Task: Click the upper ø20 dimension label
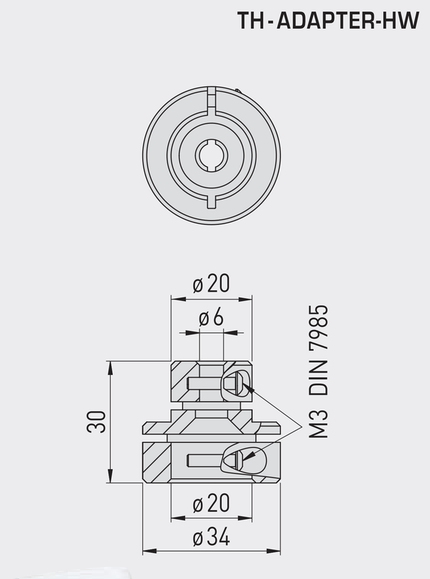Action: click(x=211, y=284)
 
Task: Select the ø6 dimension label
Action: click(x=210, y=318)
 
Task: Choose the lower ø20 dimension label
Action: click(x=211, y=503)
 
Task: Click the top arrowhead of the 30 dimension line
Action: click(x=111, y=365)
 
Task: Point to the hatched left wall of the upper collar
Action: click(x=178, y=382)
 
